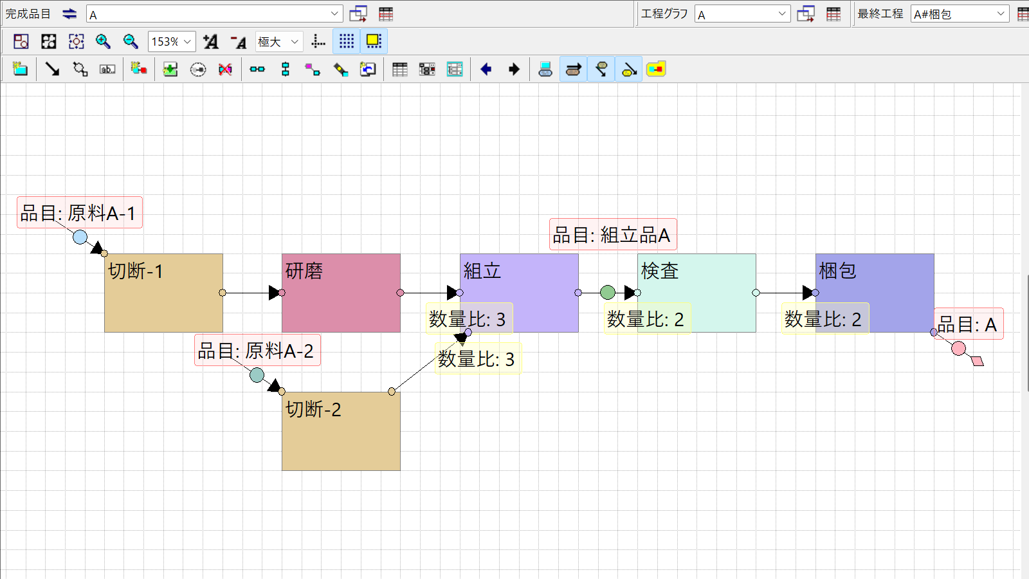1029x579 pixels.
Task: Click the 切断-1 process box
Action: point(163,293)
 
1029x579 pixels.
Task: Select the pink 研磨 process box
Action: point(341,293)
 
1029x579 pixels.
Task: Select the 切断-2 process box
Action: point(341,431)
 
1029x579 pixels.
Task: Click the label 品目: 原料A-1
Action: point(80,213)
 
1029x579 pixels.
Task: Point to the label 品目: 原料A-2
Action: point(257,351)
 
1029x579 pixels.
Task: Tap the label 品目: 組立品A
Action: point(613,235)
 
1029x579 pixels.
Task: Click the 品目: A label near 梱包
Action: point(969,324)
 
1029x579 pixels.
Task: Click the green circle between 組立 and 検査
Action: point(608,292)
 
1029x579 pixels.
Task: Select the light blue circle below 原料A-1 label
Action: point(80,237)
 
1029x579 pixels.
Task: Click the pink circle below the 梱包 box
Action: point(958,348)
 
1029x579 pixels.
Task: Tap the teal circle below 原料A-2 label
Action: point(257,375)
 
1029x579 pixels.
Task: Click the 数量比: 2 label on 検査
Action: point(647,318)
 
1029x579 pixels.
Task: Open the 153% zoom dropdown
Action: point(171,42)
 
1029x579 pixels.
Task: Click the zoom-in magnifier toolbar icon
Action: point(103,42)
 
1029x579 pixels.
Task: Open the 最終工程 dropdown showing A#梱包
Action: point(960,14)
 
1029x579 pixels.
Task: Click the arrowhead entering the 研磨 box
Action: point(275,293)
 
